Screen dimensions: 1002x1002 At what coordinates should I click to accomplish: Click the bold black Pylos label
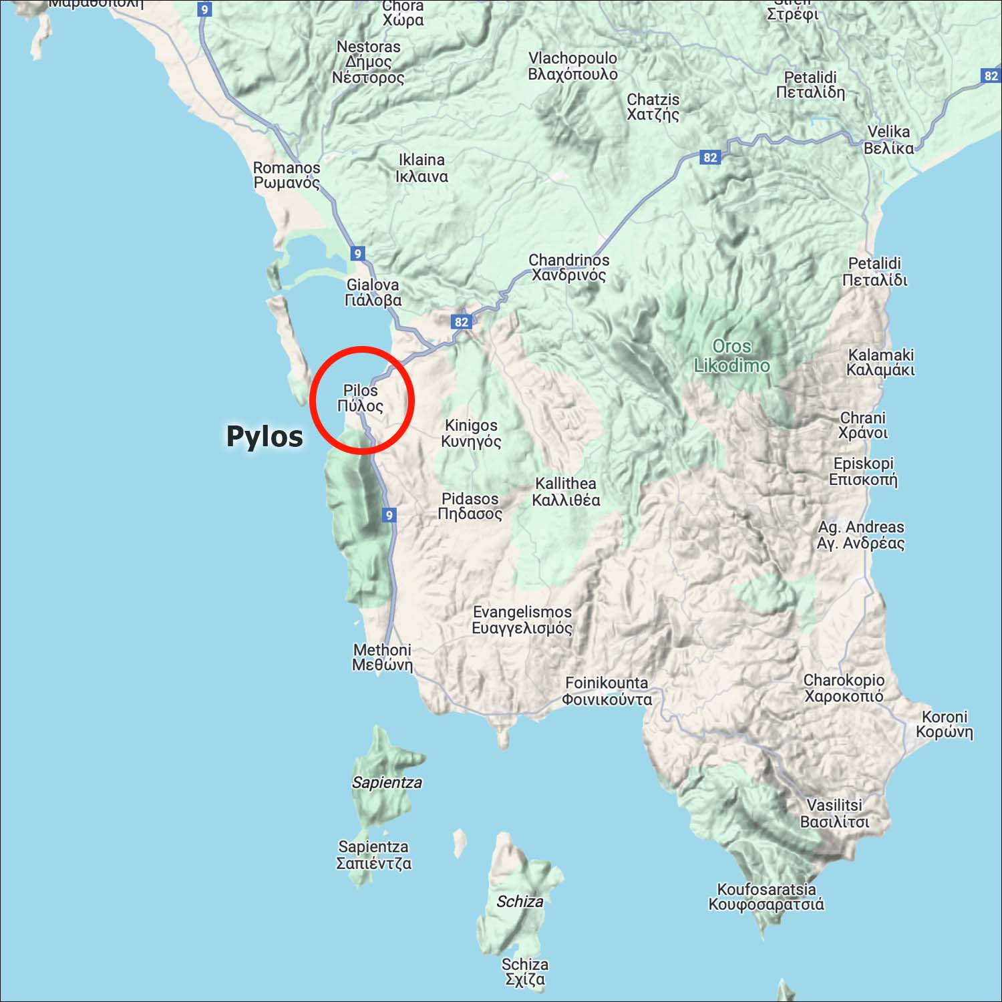pos(265,436)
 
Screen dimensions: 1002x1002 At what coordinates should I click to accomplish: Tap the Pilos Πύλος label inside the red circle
pos(360,398)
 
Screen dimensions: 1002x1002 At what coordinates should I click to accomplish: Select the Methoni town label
pos(382,657)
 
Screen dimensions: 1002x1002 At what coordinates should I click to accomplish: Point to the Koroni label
pos(945,724)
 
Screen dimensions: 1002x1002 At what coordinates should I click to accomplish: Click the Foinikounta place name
pos(607,691)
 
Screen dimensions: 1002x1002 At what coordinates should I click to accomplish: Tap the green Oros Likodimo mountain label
pos(731,355)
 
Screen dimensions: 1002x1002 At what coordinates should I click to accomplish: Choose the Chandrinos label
pos(569,267)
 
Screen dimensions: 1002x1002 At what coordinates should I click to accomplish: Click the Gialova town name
pos(373,293)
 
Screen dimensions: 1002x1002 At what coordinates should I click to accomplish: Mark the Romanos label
pos(287,175)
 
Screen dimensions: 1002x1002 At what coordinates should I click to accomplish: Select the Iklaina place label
pos(422,168)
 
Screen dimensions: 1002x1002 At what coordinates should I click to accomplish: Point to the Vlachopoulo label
pos(572,66)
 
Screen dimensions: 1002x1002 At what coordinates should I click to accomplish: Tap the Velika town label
pos(888,140)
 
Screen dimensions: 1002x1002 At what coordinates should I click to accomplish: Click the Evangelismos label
pos(522,620)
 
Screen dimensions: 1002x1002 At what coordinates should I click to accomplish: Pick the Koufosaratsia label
pos(766,896)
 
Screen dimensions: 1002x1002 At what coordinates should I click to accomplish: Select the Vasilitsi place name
pos(835,813)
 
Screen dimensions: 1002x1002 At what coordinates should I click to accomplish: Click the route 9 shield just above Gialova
pos(358,254)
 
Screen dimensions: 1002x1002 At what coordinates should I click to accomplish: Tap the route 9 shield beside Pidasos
pos(389,515)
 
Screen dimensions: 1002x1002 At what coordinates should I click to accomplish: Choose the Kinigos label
pos(471,433)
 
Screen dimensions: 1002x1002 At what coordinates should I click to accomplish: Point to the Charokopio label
pos(844,688)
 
